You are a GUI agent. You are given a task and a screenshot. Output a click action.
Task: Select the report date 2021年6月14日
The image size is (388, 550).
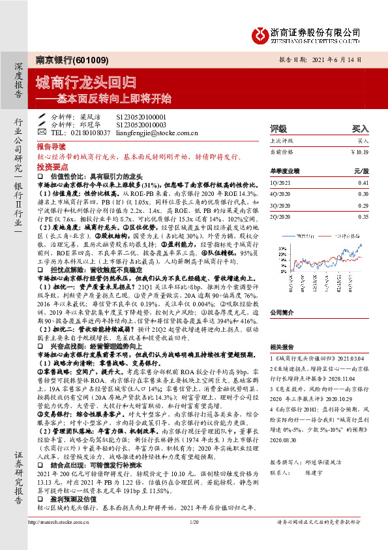click(x=340, y=59)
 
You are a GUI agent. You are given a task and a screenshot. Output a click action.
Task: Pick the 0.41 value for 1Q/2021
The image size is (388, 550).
click(x=363, y=184)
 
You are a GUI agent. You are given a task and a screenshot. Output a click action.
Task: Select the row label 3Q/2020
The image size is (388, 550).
click(x=281, y=204)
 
